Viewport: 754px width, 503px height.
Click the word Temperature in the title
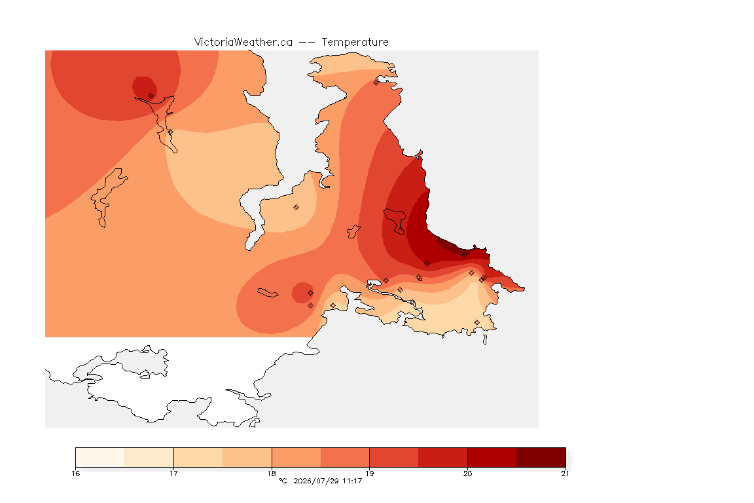pyautogui.click(x=355, y=42)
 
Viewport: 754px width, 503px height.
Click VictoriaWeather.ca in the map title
pyautogui.click(x=243, y=42)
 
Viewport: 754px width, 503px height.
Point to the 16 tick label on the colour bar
pyautogui.click(x=75, y=474)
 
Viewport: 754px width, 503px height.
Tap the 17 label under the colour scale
pyautogui.click(x=173, y=474)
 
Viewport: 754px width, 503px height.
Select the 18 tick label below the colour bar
pyautogui.click(x=272, y=474)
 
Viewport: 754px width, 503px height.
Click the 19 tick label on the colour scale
pyautogui.click(x=369, y=474)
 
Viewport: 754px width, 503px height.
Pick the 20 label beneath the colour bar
pyautogui.click(x=467, y=474)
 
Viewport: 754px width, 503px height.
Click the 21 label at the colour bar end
pyautogui.click(x=565, y=474)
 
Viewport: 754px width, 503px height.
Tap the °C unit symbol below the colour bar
pyautogui.click(x=283, y=481)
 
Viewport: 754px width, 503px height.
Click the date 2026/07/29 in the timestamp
pyautogui.click(x=315, y=481)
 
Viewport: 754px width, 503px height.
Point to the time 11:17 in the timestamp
pyautogui.click(x=352, y=481)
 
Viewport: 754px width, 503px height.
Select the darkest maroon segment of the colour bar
pyautogui.click(x=541, y=457)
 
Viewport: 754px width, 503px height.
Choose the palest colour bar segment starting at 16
pyautogui.click(x=100, y=457)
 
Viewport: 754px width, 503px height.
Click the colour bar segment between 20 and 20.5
pyautogui.click(x=492, y=457)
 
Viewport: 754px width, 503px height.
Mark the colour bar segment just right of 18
pyautogui.click(x=296, y=457)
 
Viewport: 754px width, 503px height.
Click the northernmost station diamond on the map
pyautogui.click(x=376, y=83)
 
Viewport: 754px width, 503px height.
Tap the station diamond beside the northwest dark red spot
pyautogui.click(x=151, y=96)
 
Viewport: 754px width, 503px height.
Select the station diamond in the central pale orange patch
pyautogui.click(x=296, y=208)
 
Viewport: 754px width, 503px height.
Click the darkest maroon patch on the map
pyautogui.click(x=450, y=245)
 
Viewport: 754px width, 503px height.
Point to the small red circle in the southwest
pyautogui.click(x=302, y=293)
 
